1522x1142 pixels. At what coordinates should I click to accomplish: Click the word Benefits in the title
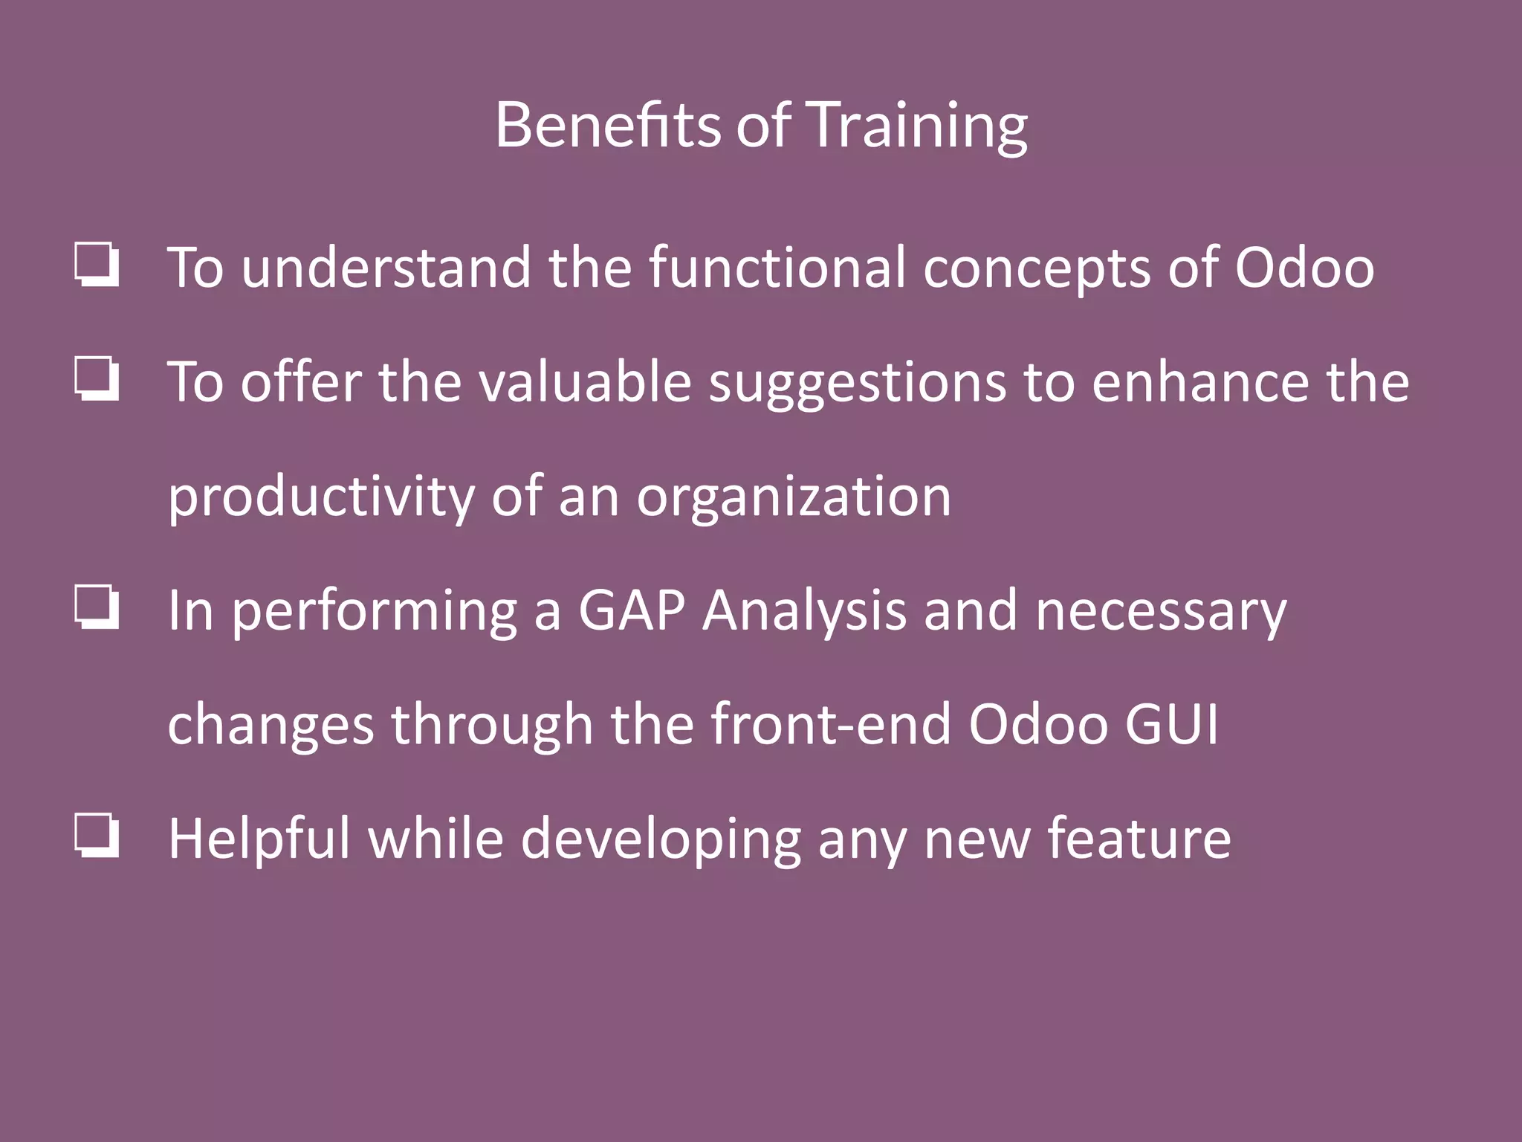pos(607,125)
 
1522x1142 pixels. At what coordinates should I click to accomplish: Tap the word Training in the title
pos(916,126)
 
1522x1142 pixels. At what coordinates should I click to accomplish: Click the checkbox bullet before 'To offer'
pos(97,379)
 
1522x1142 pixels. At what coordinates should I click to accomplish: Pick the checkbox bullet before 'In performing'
pos(97,607)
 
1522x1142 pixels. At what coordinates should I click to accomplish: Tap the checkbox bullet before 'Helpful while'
pos(97,836)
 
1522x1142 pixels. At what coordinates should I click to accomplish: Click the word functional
pos(777,267)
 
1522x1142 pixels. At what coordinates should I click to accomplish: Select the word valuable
pos(585,381)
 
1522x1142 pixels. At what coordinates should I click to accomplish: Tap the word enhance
pos(1199,381)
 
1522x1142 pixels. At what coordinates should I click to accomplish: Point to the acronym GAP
pos(632,610)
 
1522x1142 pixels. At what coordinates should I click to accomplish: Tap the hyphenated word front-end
pos(831,724)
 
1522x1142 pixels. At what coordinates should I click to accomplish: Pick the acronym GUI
pos(1171,724)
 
